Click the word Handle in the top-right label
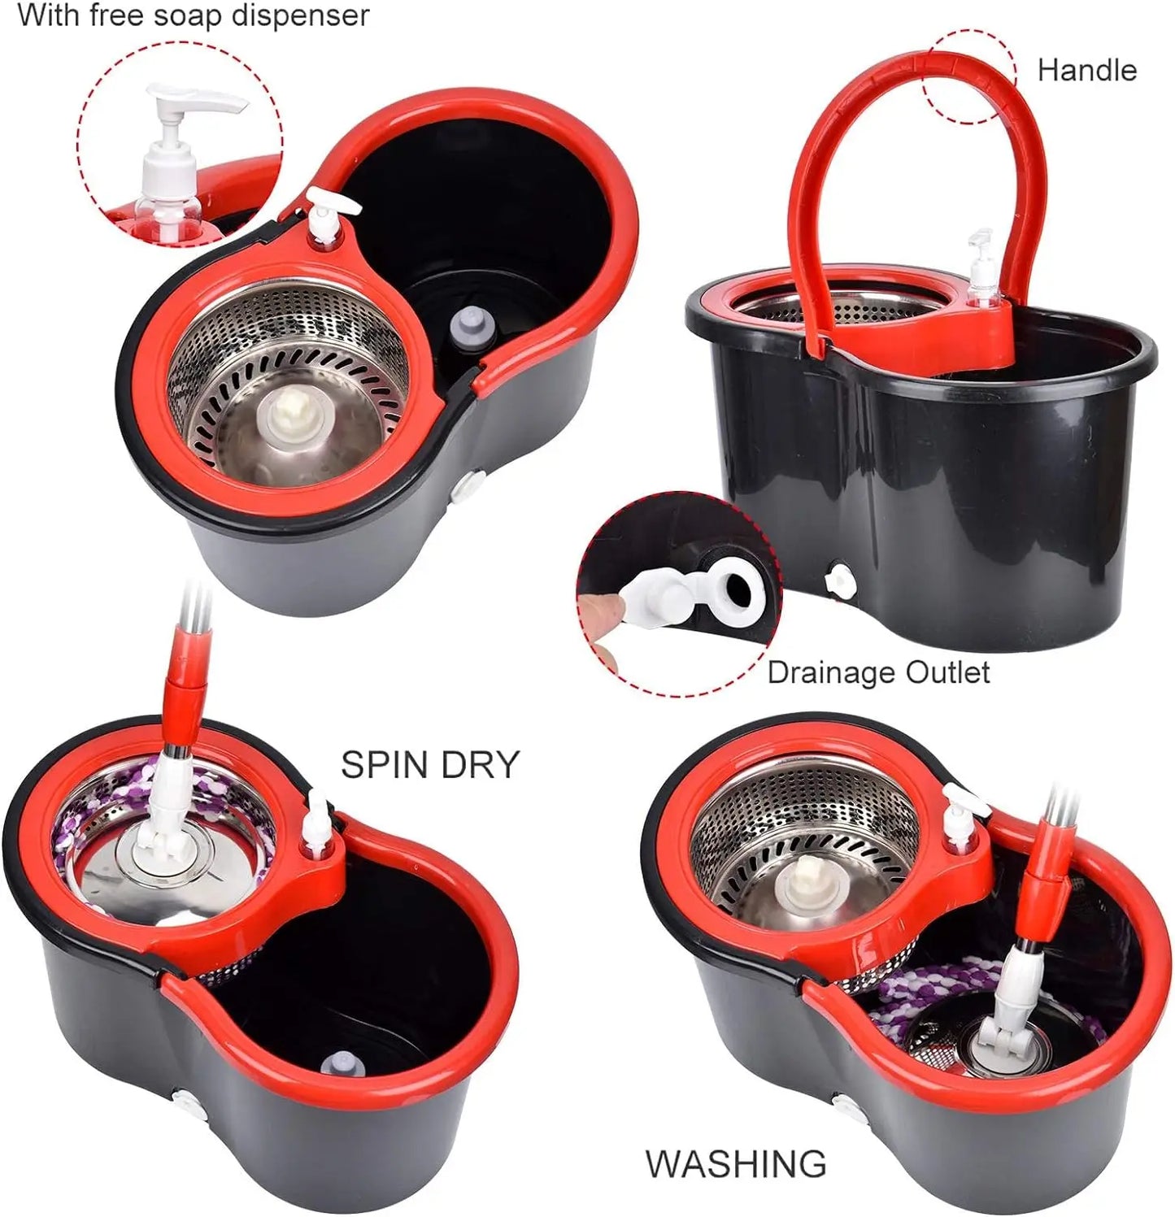(1086, 71)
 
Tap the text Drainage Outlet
(878, 673)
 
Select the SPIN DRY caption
(429, 765)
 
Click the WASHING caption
(736, 1164)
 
